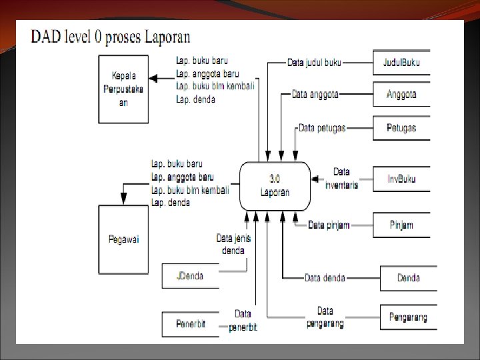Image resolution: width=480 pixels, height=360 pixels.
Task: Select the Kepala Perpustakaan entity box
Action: pos(124,88)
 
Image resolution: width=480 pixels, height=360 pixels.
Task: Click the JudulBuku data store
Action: pos(401,63)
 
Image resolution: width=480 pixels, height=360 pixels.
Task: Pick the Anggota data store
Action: pos(401,94)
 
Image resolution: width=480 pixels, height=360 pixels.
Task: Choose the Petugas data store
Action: pos(401,127)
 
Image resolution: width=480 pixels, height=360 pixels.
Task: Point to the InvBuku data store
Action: pos(401,179)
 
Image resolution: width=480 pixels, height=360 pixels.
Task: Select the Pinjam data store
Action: pos(401,225)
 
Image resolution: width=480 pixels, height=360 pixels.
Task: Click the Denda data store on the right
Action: pos(408,278)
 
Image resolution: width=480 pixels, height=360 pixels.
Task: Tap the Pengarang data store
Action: pos(408,317)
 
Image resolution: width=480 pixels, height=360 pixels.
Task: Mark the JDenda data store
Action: pos(190,275)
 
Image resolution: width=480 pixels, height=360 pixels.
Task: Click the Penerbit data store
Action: pos(190,324)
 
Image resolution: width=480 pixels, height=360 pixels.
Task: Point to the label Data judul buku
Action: pos(314,63)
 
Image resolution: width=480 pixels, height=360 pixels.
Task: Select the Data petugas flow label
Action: pos(322,127)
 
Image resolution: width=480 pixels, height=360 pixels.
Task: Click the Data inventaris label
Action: pos(341,178)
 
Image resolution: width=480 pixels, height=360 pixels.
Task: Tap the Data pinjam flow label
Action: pos(329,225)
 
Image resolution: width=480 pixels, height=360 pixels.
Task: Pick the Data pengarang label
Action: pos(325,317)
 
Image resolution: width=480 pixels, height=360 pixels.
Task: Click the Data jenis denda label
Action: pos(233,243)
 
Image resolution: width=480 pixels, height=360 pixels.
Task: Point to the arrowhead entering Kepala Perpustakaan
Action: pos(153,79)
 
